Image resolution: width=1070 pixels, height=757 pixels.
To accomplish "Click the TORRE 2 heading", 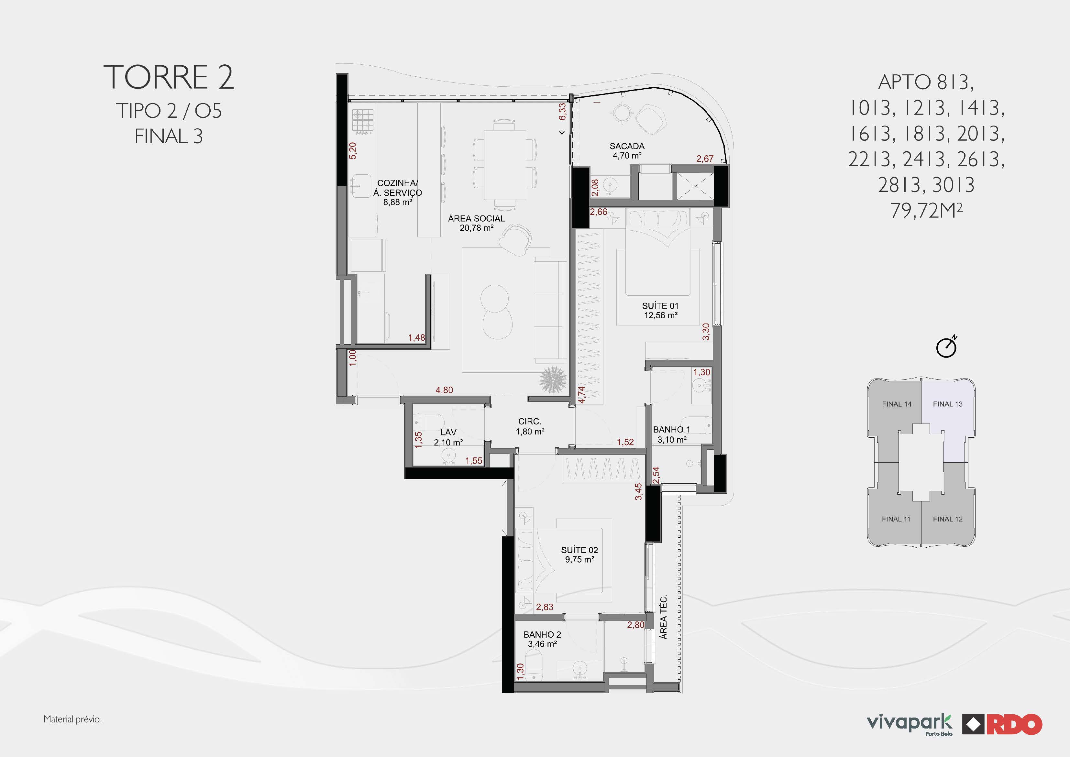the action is tap(168, 77).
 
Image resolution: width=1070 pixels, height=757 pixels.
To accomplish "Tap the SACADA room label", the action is tap(627, 146).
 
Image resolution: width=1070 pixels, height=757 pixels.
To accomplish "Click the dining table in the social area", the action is tap(505, 165).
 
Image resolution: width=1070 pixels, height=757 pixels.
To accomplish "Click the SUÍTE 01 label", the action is tap(660, 306).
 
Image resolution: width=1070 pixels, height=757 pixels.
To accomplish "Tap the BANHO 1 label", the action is tap(671, 429).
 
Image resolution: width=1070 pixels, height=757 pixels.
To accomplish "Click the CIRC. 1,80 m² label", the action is tap(530, 426).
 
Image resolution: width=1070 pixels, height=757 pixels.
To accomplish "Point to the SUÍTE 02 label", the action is tap(579, 550).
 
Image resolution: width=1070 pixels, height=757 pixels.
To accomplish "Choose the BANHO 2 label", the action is tap(542, 634).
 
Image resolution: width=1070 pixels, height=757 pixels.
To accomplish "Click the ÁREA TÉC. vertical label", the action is tap(663, 617).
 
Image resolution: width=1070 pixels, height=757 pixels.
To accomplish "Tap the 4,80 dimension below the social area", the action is tap(444, 390).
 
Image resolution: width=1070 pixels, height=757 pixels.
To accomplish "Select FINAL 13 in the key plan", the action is tap(947, 404).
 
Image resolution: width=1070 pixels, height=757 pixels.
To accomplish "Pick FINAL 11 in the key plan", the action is tap(896, 519).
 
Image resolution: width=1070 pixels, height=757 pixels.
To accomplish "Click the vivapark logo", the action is tap(910, 724).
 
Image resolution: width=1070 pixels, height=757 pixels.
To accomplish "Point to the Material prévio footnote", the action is tap(73, 719).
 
